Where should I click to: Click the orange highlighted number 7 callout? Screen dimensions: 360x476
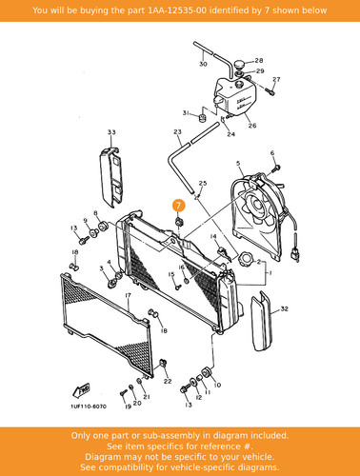[178, 206]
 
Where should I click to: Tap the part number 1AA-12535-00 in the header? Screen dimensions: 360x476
[177, 10]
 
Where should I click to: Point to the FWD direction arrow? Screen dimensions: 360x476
[81, 390]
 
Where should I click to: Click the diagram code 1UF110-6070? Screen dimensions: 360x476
[89, 407]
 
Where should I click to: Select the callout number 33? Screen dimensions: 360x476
[111, 132]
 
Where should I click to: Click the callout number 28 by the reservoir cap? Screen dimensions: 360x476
[259, 60]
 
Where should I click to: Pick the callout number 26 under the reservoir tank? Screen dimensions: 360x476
[252, 126]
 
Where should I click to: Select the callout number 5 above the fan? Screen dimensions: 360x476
[238, 164]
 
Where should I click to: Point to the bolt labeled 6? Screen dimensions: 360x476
[277, 168]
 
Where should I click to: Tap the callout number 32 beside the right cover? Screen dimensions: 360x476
[284, 308]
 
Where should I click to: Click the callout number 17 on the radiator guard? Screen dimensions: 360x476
[128, 295]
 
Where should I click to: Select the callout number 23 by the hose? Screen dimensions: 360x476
[177, 131]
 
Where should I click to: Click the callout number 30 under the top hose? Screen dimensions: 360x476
[203, 64]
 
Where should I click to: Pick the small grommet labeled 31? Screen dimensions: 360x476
[202, 118]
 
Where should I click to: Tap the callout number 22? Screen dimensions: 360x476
[168, 381]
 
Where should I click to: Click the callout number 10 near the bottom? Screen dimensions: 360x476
[217, 385]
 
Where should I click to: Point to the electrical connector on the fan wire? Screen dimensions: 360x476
[295, 254]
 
